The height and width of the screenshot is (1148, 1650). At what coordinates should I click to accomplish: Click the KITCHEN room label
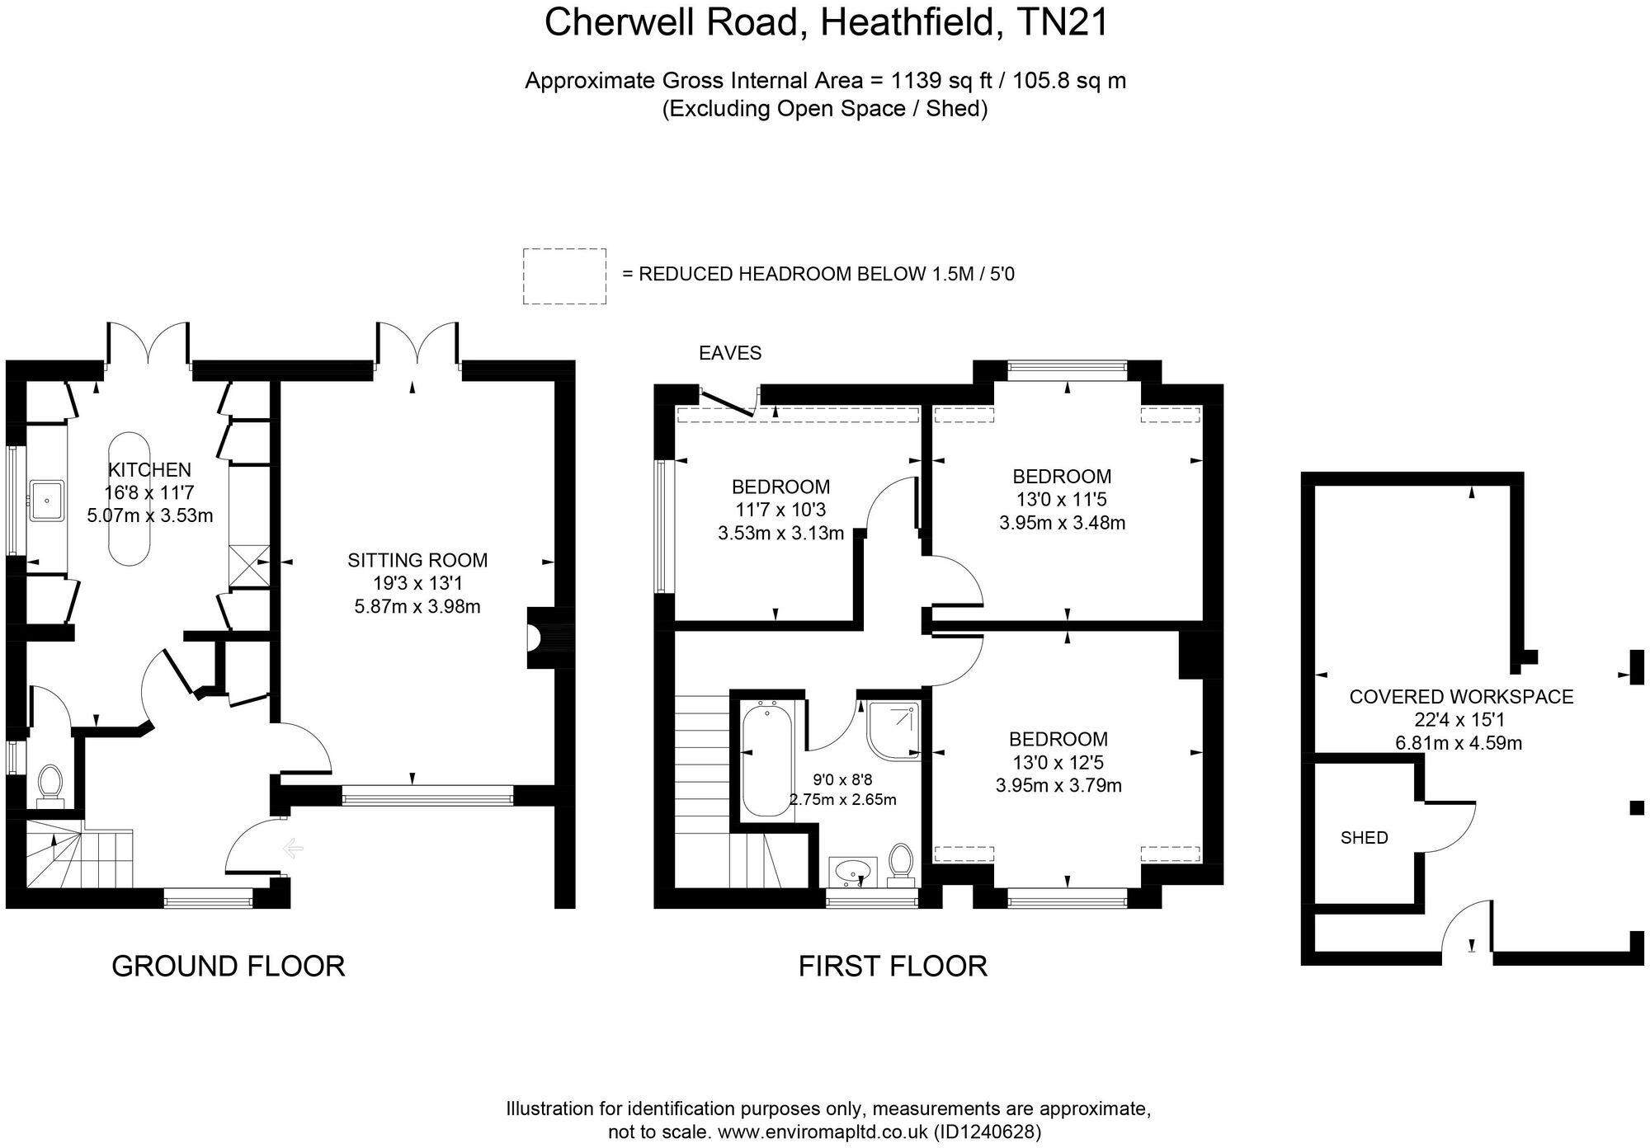[x=149, y=470]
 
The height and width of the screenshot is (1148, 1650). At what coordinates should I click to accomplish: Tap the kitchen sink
[x=47, y=500]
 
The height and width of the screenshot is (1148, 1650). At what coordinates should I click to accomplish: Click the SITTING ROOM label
[x=417, y=561]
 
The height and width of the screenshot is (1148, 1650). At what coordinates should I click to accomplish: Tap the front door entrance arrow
[x=293, y=848]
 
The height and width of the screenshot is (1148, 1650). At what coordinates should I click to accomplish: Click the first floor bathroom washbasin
[x=852, y=869]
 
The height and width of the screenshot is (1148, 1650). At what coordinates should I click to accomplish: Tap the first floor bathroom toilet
[x=902, y=863]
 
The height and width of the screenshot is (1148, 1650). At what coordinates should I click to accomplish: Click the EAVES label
[x=730, y=354]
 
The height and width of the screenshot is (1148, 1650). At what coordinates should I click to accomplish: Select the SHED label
[x=1364, y=838]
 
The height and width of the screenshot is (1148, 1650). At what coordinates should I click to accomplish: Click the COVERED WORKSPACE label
[x=1461, y=697]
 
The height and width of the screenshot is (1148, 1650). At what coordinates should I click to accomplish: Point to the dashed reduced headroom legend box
[x=564, y=276]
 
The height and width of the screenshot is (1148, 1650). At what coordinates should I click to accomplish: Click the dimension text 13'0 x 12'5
[x=1058, y=763]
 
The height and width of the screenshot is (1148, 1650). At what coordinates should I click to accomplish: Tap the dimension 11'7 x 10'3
[x=780, y=510]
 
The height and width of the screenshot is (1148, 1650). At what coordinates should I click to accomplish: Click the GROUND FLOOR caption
[x=228, y=966]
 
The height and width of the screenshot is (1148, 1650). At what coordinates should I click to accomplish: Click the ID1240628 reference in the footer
[x=988, y=1132]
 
